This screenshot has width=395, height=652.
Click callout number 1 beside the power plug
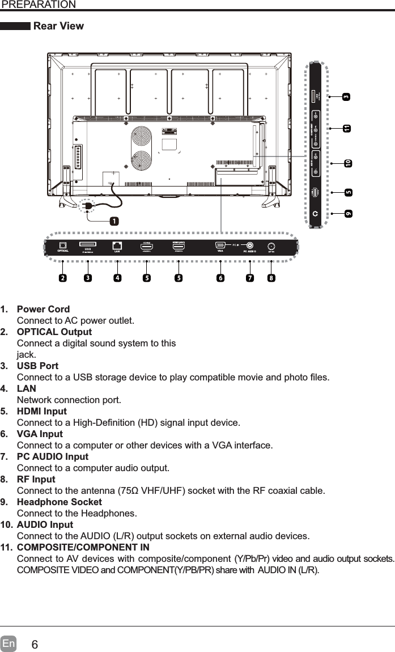(x=114, y=221)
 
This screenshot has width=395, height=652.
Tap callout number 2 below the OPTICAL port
(x=62, y=278)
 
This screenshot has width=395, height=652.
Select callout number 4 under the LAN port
(x=116, y=278)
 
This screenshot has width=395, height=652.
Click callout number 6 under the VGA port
(x=220, y=278)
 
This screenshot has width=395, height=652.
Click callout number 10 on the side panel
(x=347, y=163)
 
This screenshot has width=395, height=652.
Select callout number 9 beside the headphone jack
(x=347, y=213)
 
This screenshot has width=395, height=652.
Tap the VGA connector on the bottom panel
(x=220, y=245)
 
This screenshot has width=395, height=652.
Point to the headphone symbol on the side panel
(x=316, y=213)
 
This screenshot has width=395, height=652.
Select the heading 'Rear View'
(x=58, y=26)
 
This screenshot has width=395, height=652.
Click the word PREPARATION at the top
(x=38, y=5)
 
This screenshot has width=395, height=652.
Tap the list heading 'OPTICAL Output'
(x=54, y=332)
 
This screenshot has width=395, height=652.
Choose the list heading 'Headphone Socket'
(x=60, y=502)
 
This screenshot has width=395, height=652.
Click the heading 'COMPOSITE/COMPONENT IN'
(x=83, y=547)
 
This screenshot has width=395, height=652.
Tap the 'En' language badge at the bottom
(x=9, y=644)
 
